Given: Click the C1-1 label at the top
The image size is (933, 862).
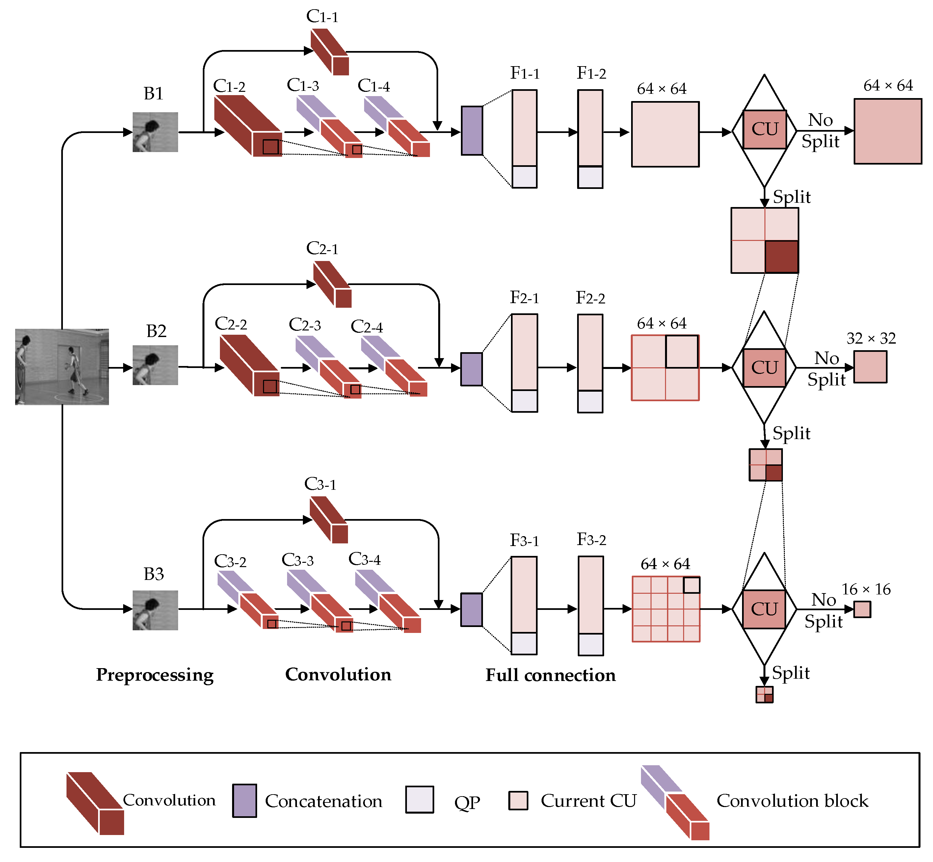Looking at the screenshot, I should click(x=322, y=16).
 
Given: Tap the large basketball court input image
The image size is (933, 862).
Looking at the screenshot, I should click(x=62, y=367).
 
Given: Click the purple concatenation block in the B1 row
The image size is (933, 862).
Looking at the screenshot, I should click(x=472, y=131).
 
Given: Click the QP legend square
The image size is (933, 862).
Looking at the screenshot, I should click(x=419, y=799).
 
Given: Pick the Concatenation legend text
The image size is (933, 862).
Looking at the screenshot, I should click(x=323, y=801).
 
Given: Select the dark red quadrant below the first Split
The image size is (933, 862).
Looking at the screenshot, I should click(x=781, y=256).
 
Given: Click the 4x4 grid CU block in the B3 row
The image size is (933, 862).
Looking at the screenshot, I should click(x=666, y=609).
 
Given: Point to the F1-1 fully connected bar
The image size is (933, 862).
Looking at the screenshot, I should click(x=524, y=139).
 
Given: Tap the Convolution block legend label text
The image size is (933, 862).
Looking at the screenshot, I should click(x=792, y=800).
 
